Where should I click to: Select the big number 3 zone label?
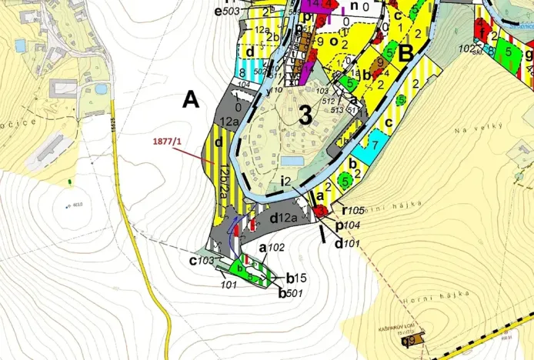[305, 116]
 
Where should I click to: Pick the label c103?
[202, 260]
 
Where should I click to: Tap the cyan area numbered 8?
[243, 72]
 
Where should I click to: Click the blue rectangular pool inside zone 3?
[292, 161]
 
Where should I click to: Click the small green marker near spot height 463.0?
[70, 182]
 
